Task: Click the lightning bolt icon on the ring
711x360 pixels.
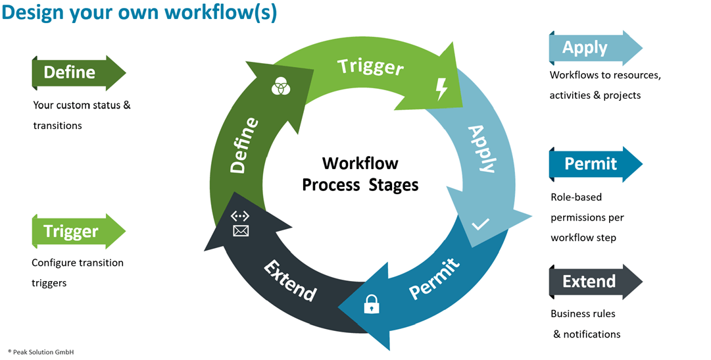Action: pos(441,89)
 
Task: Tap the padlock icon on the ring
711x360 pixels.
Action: pos(372,303)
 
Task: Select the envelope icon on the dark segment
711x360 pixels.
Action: pos(241,230)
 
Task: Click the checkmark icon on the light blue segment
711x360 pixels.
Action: pos(480,225)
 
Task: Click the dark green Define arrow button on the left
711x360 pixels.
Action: pos(78,72)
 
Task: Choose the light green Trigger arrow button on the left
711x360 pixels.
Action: pos(78,231)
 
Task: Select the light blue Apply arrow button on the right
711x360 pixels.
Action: pos(595,48)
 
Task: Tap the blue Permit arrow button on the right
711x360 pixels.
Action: pos(595,164)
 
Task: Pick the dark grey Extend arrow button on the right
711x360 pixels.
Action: pos(595,282)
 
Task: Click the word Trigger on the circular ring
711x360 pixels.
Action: pos(370,66)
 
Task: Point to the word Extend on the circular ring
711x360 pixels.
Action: pos(290,280)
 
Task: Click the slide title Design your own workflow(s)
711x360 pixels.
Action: pos(139,14)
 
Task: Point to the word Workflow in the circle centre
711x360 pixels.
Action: pos(360,163)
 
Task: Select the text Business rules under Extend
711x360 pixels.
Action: pos(583,314)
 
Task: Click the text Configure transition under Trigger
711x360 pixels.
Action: pos(78,263)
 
